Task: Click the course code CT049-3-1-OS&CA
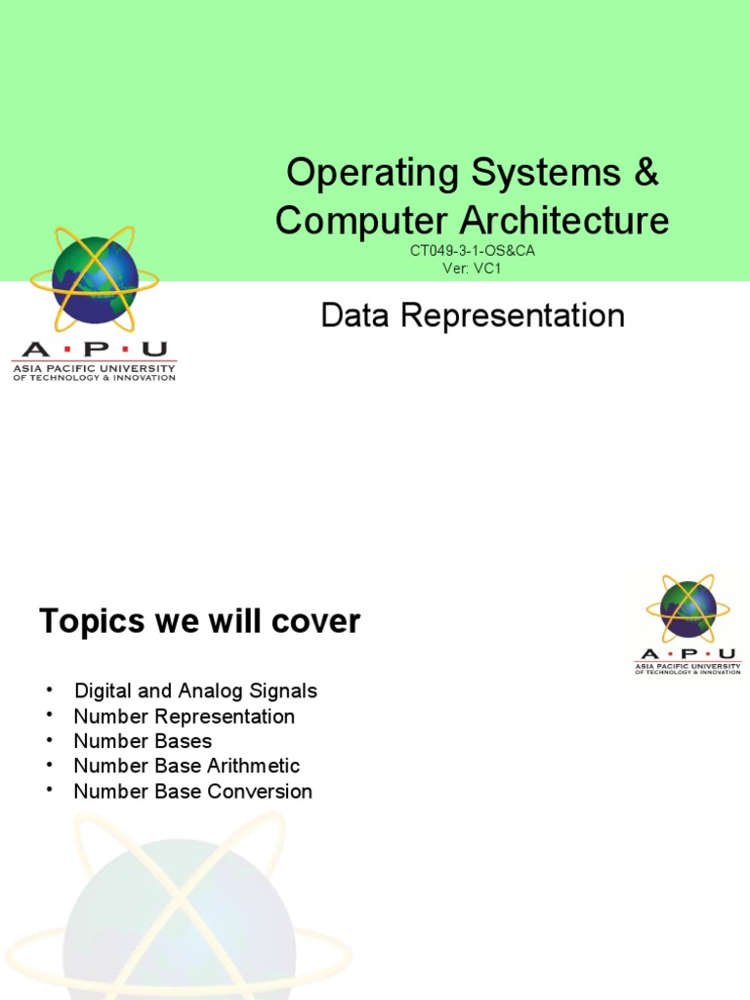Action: (x=473, y=251)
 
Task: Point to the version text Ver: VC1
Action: (x=472, y=268)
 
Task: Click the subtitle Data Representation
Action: (x=473, y=315)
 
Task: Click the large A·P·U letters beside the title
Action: (x=94, y=350)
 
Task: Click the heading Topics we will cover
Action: (x=199, y=621)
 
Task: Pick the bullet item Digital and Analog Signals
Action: (x=195, y=690)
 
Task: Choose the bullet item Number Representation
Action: (x=184, y=716)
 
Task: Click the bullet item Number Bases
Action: (x=143, y=741)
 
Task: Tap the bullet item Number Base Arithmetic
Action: (x=187, y=766)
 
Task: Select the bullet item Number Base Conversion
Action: (x=192, y=791)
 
